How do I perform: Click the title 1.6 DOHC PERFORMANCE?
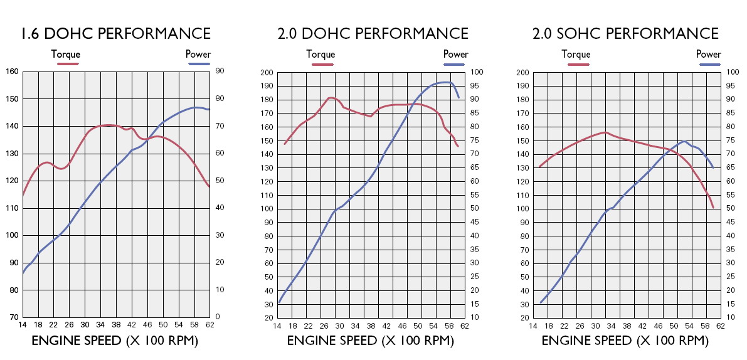coord(115,33)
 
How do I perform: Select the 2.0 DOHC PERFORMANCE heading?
coord(373,33)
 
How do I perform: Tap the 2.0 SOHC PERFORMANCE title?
coord(625,33)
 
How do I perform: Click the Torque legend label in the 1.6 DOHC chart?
coord(66,55)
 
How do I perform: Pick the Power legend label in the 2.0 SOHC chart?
coord(709,55)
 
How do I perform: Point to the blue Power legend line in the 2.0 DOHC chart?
coord(456,64)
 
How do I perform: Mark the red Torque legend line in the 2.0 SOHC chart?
coord(576,64)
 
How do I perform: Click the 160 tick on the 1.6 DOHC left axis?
coord(11,71)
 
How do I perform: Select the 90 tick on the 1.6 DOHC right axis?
coord(221,71)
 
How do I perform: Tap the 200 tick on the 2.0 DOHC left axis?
coord(266,72)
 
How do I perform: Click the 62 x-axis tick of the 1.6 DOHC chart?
coord(209,325)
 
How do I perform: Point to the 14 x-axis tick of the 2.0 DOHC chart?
coord(278,326)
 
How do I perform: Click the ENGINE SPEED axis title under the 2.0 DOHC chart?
coord(370,341)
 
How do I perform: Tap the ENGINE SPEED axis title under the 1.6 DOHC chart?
coord(115,341)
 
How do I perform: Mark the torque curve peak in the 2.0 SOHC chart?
coord(605,132)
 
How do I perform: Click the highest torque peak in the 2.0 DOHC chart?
coord(332,98)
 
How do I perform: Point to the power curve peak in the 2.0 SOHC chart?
coord(684,142)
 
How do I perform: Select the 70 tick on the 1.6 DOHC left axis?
coord(13,317)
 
